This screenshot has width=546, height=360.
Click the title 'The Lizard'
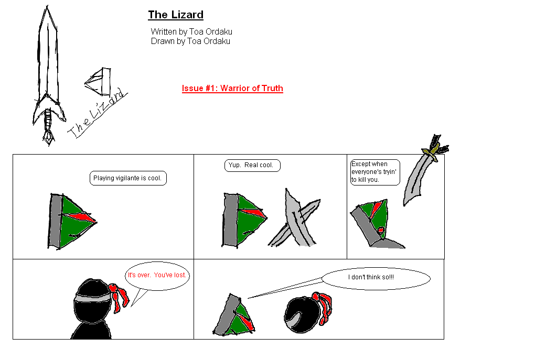(175, 15)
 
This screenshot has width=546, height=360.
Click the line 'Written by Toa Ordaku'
(191, 32)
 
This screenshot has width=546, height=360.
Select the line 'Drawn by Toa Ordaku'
(190, 41)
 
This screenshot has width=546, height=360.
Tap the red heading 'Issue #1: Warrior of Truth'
(232, 88)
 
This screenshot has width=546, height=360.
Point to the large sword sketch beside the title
(48, 68)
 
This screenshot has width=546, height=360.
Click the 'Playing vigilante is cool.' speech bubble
(128, 178)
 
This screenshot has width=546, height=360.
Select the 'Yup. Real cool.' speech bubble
(252, 166)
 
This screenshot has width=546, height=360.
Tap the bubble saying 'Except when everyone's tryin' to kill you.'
(374, 172)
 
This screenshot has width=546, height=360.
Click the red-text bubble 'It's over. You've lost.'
(157, 275)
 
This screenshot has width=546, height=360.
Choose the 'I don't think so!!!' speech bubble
(376, 278)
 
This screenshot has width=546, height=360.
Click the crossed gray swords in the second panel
(295, 219)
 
